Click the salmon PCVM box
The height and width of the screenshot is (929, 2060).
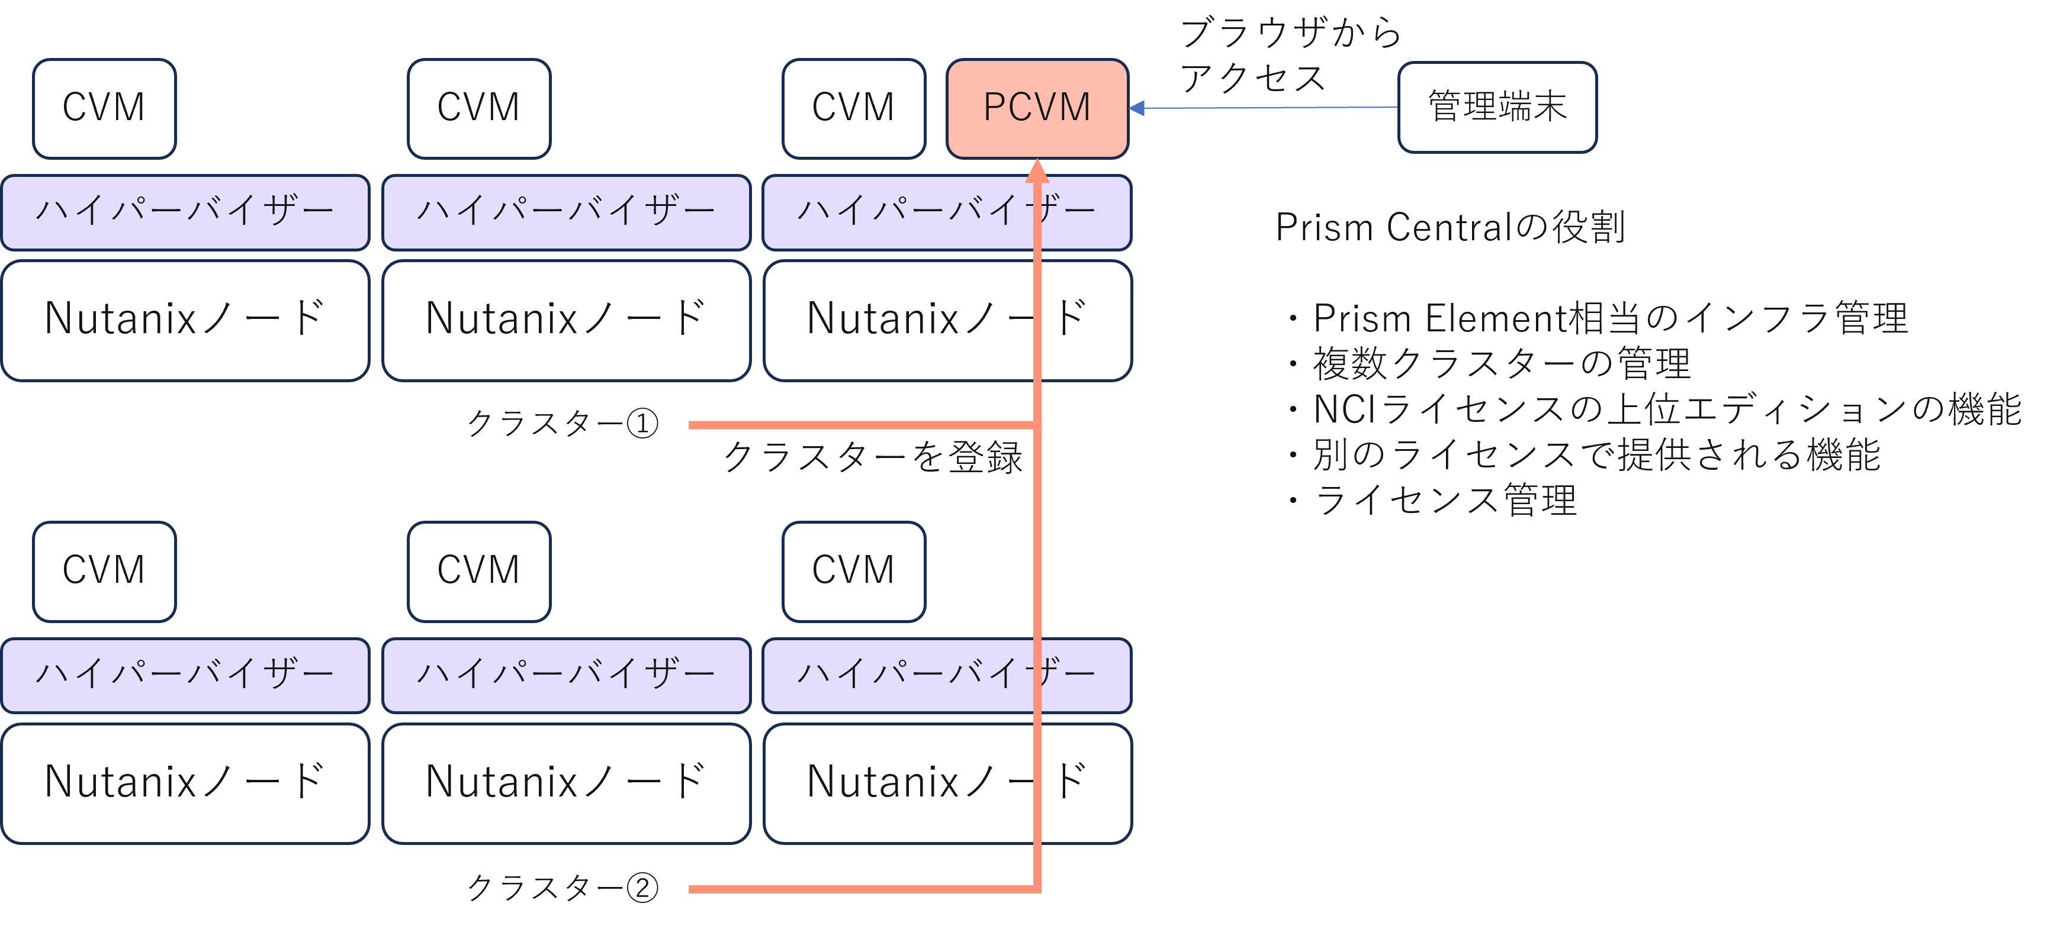click(x=1037, y=108)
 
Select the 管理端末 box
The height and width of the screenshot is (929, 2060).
click(x=1497, y=107)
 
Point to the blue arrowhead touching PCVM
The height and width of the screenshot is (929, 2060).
click(x=1137, y=108)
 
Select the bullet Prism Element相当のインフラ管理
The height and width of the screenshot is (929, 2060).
click(x=1609, y=318)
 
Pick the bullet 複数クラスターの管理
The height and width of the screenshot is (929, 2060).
click(x=1500, y=364)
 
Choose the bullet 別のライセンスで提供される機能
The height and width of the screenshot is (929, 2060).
click(x=1595, y=455)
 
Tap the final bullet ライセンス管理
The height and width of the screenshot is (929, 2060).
click(x=1444, y=501)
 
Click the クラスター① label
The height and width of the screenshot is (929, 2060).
click(x=562, y=424)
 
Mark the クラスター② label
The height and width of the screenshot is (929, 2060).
click(x=562, y=888)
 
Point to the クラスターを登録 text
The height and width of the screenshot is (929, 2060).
click(x=873, y=457)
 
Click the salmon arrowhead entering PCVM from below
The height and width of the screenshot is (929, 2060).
click(x=1037, y=170)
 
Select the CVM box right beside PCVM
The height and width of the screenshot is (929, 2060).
click(x=853, y=108)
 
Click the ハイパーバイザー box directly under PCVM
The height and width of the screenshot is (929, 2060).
click(x=946, y=212)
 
